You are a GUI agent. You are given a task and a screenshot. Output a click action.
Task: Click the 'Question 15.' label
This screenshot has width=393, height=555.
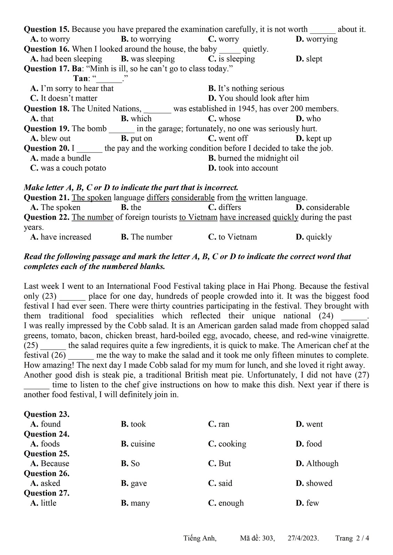(x=47, y=29)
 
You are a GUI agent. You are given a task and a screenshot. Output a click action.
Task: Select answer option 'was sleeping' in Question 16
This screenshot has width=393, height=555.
(x=148, y=59)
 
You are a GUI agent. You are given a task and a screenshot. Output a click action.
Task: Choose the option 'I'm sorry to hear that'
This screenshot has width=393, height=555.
(x=72, y=89)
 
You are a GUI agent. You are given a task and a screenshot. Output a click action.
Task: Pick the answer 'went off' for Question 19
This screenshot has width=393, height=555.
(x=228, y=138)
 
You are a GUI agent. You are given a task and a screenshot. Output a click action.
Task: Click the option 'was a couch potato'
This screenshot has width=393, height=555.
(x=68, y=168)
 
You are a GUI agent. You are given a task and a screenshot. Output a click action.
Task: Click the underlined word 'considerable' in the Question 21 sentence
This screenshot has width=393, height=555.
(x=193, y=198)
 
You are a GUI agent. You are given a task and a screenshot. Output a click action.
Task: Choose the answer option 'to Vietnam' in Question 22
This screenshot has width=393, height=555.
(x=233, y=237)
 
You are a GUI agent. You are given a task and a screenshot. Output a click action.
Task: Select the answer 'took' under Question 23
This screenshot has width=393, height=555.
(x=134, y=424)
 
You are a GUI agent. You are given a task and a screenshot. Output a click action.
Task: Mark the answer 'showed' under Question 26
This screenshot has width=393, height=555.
(x=314, y=483)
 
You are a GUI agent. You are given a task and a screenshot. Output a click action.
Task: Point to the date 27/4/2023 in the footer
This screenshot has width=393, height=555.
(x=303, y=538)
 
